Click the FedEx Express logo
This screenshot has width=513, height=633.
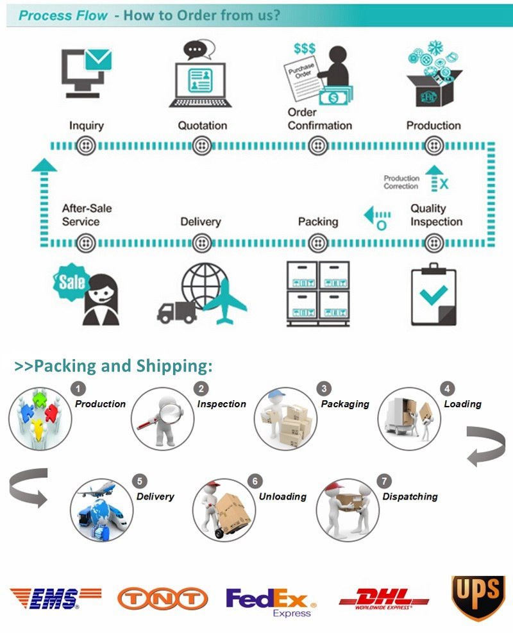[x=271, y=601]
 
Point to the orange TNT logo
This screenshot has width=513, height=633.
[x=162, y=598]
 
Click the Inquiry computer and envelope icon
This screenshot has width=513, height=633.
[x=86, y=72]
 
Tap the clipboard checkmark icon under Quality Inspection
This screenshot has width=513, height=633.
[x=433, y=294]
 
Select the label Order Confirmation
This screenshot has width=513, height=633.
[x=319, y=119]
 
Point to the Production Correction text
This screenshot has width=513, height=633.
[x=401, y=182]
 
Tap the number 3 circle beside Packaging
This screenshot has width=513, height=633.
[x=325, y=389]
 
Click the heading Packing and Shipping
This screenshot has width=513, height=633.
[x=114, y=366]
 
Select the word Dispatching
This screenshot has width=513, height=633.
[x=410, y=496]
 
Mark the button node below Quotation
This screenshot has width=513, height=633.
[x=202, y=146]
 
